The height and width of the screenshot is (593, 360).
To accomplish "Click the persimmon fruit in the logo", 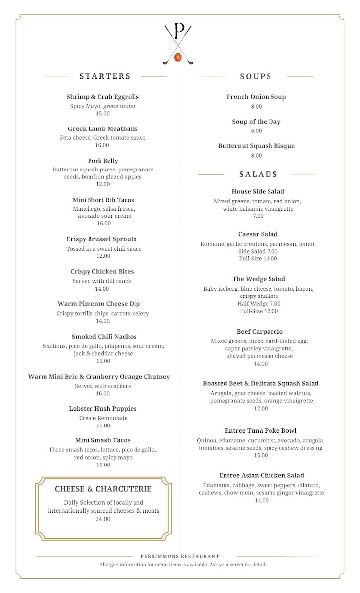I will point(178,58).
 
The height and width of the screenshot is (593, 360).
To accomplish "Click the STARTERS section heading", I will point(105,76).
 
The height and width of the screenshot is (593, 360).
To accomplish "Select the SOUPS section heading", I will point(256,76).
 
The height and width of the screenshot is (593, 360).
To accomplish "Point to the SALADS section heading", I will point(258,174).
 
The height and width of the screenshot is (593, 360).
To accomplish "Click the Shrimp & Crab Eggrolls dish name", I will point(103,97).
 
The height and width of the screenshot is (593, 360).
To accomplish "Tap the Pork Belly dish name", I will point(103,161).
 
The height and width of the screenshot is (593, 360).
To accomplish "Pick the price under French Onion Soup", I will point(256,107).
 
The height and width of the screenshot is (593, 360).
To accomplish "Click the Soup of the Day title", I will point(256,122).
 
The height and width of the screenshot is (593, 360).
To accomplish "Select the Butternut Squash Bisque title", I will point(256,146).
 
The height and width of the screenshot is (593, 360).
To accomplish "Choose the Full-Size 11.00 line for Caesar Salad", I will point(258,259).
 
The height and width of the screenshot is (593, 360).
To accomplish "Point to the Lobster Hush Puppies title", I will point(103,409).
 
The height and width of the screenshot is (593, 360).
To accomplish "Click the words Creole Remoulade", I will point(103,418).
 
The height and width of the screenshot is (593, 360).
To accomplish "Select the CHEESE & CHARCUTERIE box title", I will point(103,489).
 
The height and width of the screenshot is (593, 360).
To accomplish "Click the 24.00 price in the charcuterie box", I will point(103,519).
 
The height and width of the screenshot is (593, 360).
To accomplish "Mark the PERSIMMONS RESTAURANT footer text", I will point(180,556).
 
